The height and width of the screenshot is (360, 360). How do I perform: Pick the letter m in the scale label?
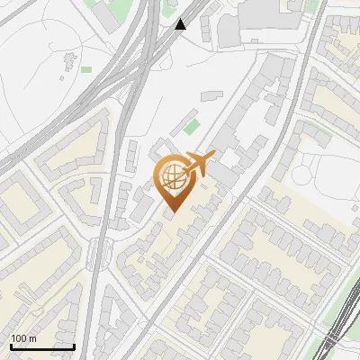pos(32,338)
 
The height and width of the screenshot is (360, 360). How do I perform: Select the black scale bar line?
pos(42,346)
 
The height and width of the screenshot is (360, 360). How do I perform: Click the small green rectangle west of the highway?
pos(86,69)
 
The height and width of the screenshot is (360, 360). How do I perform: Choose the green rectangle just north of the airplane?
pos(192,126)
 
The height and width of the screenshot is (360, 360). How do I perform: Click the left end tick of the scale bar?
pos(11,346)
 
